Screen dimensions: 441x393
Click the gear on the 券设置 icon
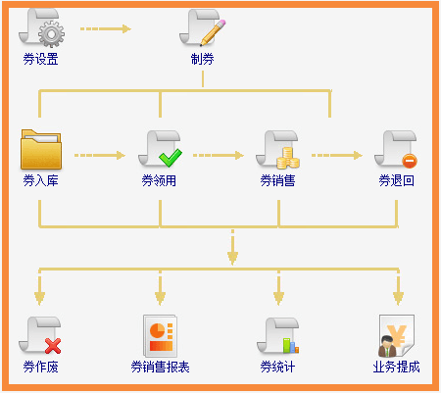tap(51, 34)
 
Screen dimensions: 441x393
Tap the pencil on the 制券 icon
tap(213, 32)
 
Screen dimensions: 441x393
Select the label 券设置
tap(40, 59)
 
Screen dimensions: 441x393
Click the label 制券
tap(203, 59)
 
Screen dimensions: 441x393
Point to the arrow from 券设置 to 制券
tap(106, 28)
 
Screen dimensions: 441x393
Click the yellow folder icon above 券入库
tap(41, 149)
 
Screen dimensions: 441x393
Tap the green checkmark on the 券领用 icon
tap(171, 158)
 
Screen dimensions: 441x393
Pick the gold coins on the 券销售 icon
tap(288, 158)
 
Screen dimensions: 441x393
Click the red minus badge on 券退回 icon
tap(410, 161)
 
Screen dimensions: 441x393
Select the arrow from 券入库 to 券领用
tap(100, 155)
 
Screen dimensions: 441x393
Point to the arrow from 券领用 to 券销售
tap(219, 155)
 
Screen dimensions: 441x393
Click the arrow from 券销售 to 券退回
tap(337, 155)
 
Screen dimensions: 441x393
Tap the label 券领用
tap(159, 180)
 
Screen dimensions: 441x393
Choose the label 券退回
tap(396, 180)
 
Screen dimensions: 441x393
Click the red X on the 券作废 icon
tap(53, 346)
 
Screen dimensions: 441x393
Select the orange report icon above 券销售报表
tap(160, 336)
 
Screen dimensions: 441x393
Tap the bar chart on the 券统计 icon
tap(291, 346)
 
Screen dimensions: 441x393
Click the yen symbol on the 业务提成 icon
tap(397, 336)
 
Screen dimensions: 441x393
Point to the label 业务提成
tap(396, 367)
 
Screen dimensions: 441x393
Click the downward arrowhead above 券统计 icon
tap(278, 299)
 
